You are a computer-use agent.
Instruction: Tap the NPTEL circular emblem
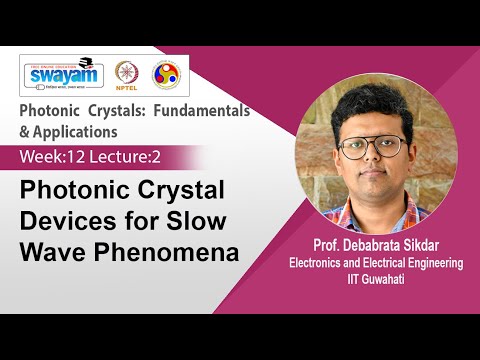(x=127, y=75)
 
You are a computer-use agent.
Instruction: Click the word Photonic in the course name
(x=55, y=112)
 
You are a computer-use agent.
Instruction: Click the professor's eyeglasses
(x=372, y=147)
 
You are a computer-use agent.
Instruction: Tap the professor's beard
(x=372, y=180)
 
